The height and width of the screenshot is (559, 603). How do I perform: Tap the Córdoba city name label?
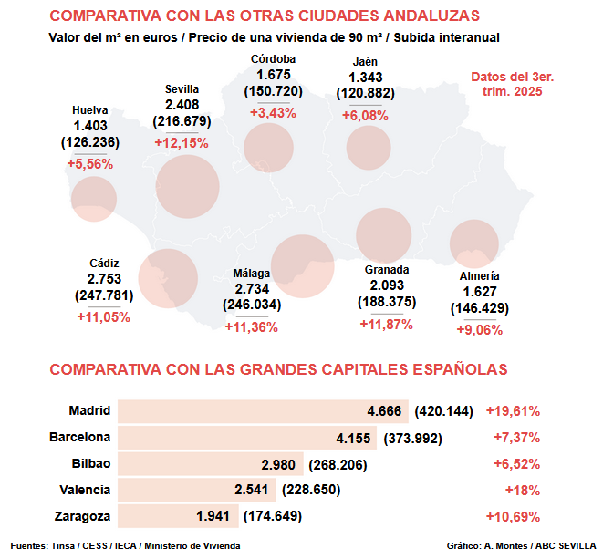(273, 59)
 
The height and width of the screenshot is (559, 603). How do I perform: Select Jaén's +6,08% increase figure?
(365, 116)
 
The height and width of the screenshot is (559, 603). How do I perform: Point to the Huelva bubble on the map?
(93, 199)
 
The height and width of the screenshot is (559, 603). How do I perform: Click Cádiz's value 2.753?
(104, 279)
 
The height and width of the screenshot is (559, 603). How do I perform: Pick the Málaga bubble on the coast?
(304, 266)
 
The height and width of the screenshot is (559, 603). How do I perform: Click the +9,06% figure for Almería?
(479, 330)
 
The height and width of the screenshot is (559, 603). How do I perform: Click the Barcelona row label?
(79, 437)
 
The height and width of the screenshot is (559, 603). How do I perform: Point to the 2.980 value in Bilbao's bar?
(278, 463)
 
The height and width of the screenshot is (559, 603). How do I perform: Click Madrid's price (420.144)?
(443, 410)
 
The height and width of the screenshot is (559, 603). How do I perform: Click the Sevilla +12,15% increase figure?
(182, 143)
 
